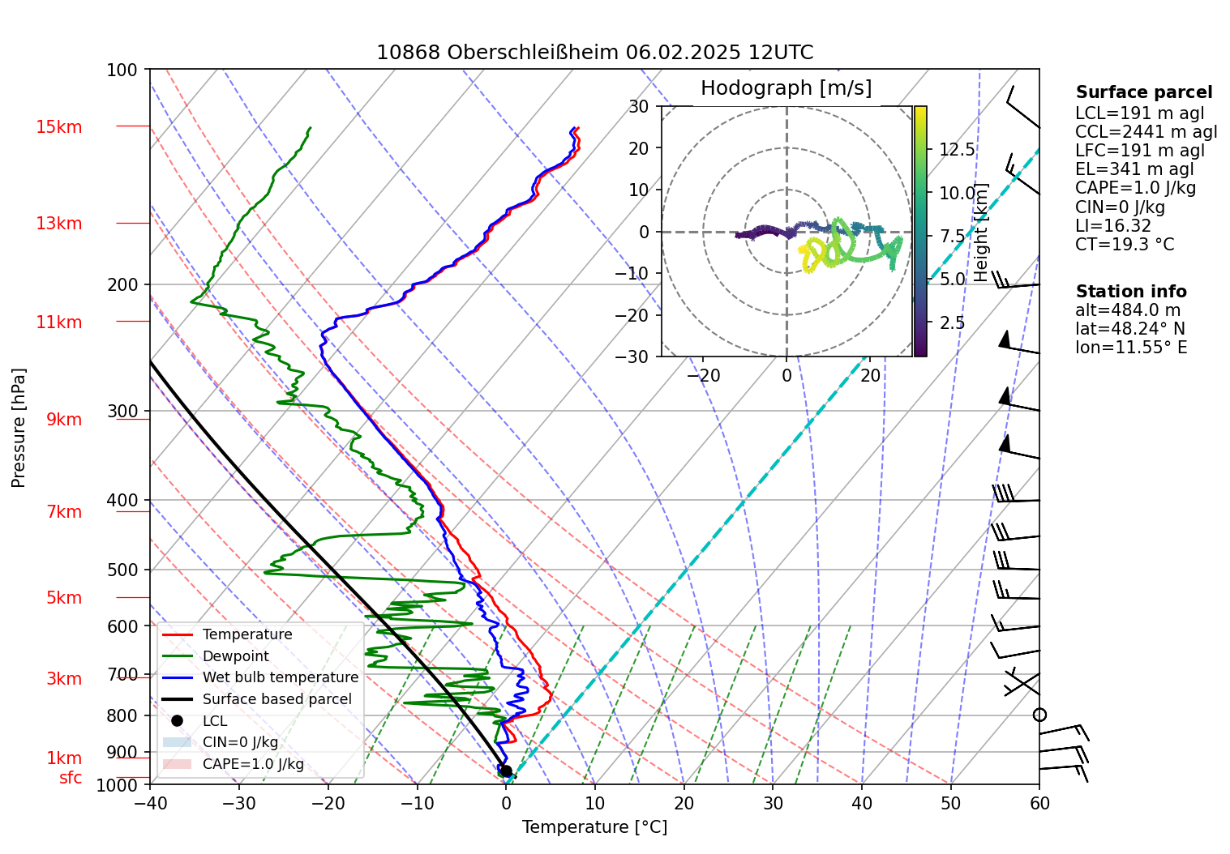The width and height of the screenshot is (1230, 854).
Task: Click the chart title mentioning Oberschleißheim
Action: click(x=594, y=53)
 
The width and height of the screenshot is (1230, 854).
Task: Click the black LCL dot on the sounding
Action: click(x=505, y=771)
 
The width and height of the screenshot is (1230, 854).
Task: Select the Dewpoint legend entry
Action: click(x=235, y=656)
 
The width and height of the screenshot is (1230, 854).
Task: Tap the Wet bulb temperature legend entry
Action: click(x=280, y=677)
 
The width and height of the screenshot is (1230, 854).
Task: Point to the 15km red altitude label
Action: click(x=58, y=127)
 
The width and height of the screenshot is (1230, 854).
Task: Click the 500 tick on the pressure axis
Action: click(x=122, y=570)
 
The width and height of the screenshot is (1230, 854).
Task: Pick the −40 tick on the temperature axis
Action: click(x=150, y=803)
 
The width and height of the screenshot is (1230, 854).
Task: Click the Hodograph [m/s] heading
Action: click(x=786, y=88)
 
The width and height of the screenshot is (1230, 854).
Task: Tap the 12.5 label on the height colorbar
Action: click(x=957, y=150)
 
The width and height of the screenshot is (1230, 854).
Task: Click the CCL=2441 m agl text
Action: click(x=1146, y=132)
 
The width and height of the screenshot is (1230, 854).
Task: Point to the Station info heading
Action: click(x=1131, y=292)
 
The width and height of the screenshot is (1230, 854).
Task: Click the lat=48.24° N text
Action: click(x=1129, y=329)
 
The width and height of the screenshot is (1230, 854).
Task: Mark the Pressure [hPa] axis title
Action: click(x=19, y=428)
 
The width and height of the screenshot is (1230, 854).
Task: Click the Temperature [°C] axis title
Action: click(x=594, y=827)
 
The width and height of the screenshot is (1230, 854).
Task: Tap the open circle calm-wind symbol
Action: click(x=1039, y=715)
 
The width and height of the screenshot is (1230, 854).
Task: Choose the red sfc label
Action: click(x=71, y=778)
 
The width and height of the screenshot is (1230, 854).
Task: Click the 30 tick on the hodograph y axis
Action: click(x=639, y=106)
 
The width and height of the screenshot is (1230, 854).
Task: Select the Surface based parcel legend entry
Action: click(x=276, y=699)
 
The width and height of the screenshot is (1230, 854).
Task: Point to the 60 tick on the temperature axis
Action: click(x=1039, y=803)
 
